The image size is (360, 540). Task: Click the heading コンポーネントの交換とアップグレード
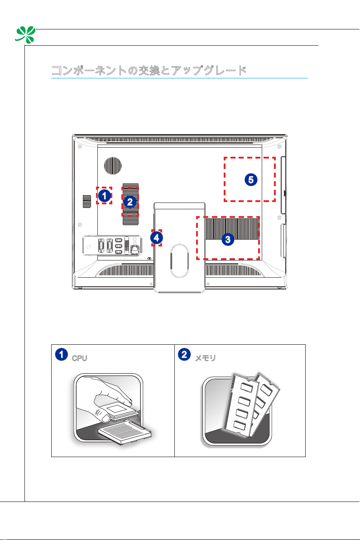[x=149, y=71]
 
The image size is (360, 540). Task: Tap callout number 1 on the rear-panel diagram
[x=104, y=196]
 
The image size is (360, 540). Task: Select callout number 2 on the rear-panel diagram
[x=130, y=202]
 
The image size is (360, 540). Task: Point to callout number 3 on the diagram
[x=228, y=239]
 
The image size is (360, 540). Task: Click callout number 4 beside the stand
[x=156, y=237]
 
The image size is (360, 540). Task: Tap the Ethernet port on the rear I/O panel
[x=134, y=248]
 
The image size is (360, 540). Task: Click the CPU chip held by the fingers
[x=115, y=410]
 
